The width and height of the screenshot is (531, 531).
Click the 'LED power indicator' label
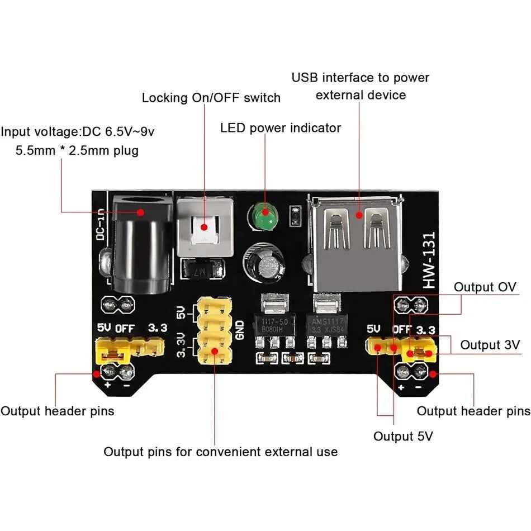280,128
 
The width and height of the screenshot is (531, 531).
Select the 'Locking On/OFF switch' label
211,98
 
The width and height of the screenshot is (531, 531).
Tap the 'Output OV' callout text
484,287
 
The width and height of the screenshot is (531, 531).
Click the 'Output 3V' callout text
490,344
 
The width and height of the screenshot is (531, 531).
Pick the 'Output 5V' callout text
403,436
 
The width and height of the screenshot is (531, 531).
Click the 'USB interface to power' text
361,78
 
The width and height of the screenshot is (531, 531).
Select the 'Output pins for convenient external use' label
220,452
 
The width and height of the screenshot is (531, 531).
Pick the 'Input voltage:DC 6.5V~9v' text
78,132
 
